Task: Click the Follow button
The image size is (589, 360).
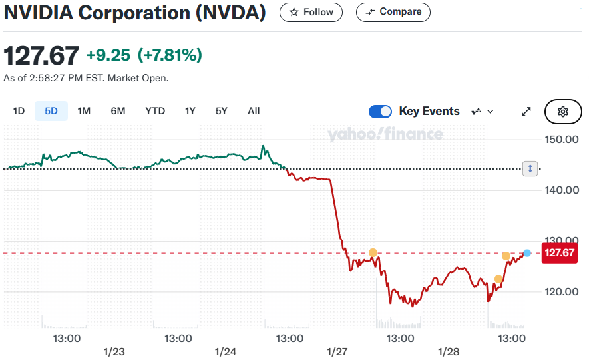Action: pyautogui.click(x=311, y=12)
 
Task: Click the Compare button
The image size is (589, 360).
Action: pyautogui.click(x=393, y=12)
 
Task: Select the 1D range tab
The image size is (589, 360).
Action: pyautogui.click(x=19, y=111)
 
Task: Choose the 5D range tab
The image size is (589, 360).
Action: pyautogui.click(x=51, y=111)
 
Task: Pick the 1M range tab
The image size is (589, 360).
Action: pyautogui.click(x=84, y=111)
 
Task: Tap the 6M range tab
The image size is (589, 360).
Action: pyautogui.click(x=118, y=111)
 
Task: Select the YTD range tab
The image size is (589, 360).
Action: pyautogui.click(x=155, y=111)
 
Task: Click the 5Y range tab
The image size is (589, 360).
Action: pyautogui.click(x=221, y=111)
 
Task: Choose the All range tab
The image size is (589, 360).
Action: pyautogui.click(x=254, y=111)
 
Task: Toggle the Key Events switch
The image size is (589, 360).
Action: pyautogui.click(x=380, y=111)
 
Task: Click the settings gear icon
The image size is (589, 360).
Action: pyautogui.click(x=563, y=112)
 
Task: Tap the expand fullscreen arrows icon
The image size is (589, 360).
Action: pyautogui.click(x=526, y=112)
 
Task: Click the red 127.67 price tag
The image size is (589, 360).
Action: pyautogui.click(x=558, y=253)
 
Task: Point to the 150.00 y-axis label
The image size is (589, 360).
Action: pyautogui.click(x=562, y=139)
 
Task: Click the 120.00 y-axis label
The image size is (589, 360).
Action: pyautogui.click(x=562, y=291)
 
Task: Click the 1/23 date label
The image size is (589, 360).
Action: pyautogui.click(x=114, y=351)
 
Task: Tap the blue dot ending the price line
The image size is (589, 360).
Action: pyautogui.click(x=527, y=253)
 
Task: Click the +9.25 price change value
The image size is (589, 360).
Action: pyautogui.click(x=109, y=55)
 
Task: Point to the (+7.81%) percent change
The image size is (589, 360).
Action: pyautogui.click(x=169, y=55)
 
